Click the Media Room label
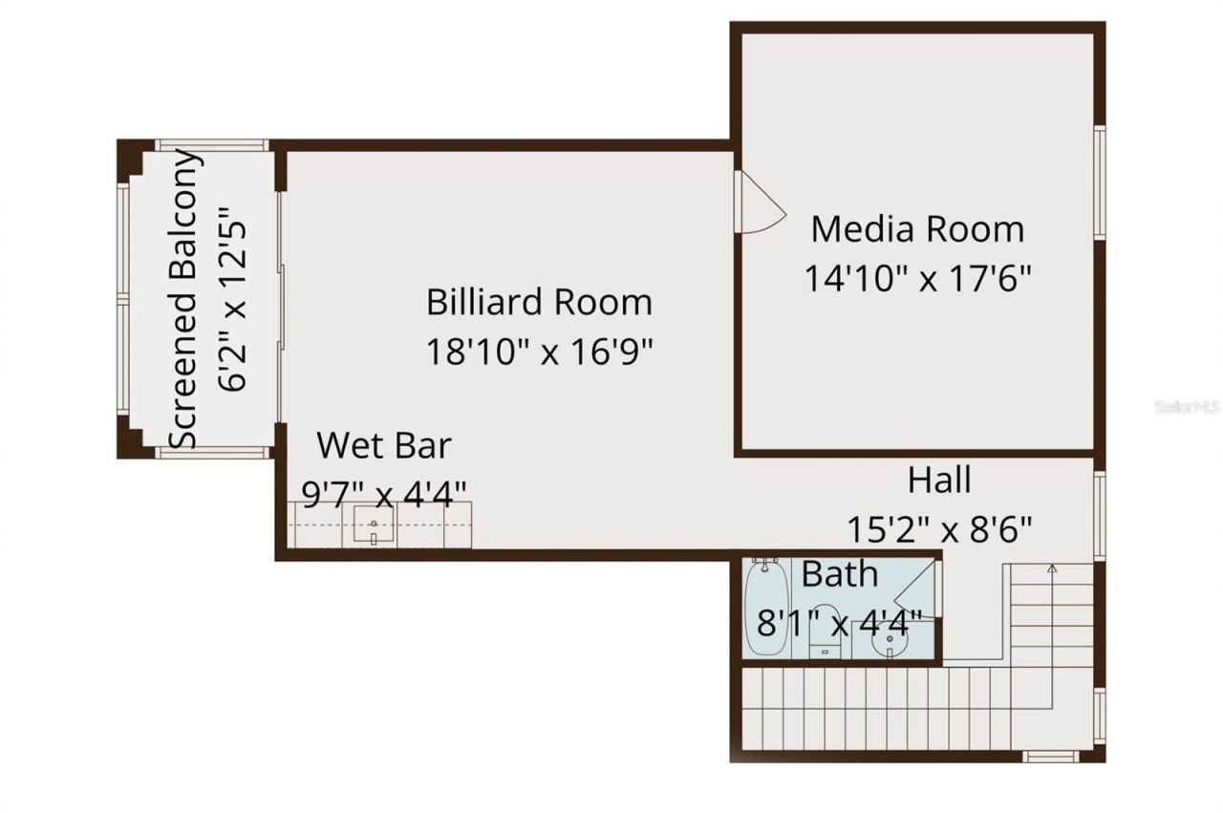click(917, 229)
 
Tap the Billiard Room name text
click(539, 303)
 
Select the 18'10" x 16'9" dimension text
click(539, 352)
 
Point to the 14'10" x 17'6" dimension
click(917, 278)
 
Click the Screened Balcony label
click(186, 299)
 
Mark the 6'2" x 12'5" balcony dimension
click(233, 299)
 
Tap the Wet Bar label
click(383, 445)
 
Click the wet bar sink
click(374, 526)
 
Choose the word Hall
click(939, 480)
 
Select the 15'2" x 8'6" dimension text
click(939, 528)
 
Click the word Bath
click(839, 574)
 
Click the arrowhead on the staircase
click(1052, 569)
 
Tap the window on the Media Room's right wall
click(1100, 182)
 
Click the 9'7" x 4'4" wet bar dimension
click(383, 494)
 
